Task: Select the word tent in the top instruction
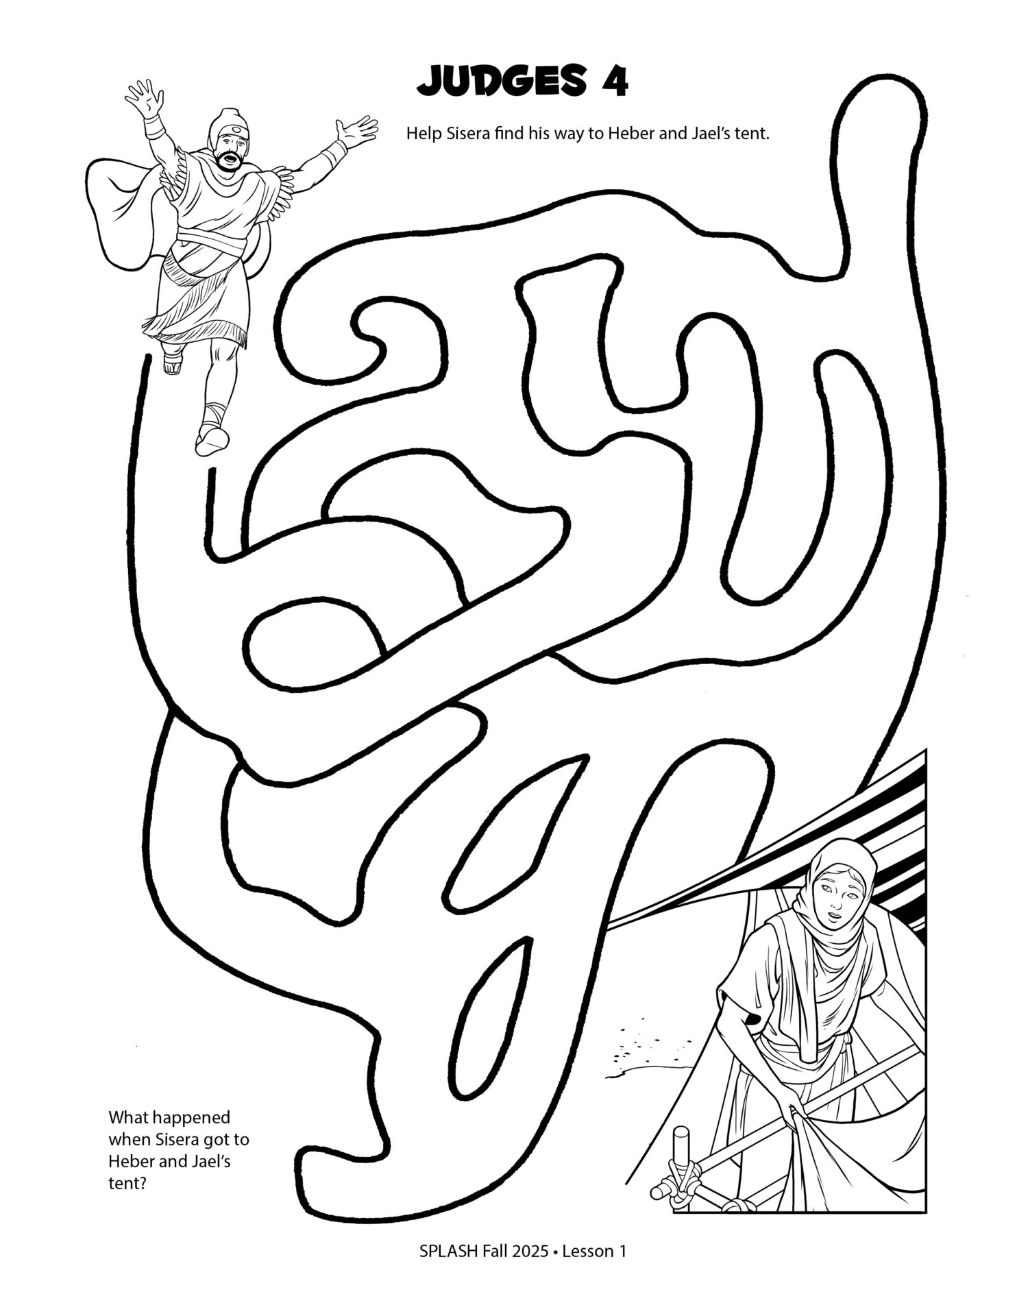(752, 133)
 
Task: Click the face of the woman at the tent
(834, 890)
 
